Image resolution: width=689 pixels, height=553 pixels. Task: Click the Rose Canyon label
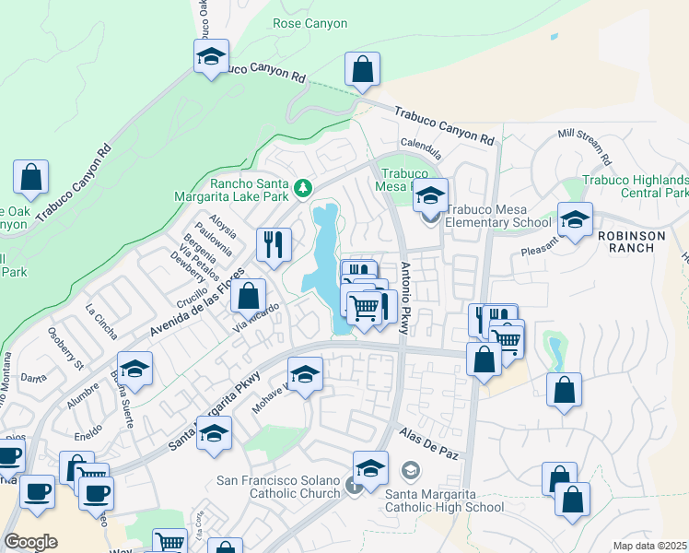click(x=309, y=24)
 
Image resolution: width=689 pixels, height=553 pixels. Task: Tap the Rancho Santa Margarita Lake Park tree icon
click(x=303, y=189)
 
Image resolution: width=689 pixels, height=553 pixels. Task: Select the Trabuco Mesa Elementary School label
click(x=498, y=216)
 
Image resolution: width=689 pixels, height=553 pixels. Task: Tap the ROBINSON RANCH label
click(x=631, y=235)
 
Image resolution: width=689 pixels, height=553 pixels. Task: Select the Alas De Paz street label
click(x=428, y=444)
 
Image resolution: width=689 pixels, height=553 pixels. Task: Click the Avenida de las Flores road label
click(x=196, y=304)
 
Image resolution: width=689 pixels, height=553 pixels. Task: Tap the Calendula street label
click(x=421, y=144)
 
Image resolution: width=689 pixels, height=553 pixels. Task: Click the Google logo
click(x=30, y=542)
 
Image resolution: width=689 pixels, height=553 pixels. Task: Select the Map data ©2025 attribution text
click(x=649, y=546)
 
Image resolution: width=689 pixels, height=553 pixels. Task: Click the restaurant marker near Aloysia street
click(x=274, y=246)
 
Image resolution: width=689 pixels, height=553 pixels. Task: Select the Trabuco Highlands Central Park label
click(x=636, y=186)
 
